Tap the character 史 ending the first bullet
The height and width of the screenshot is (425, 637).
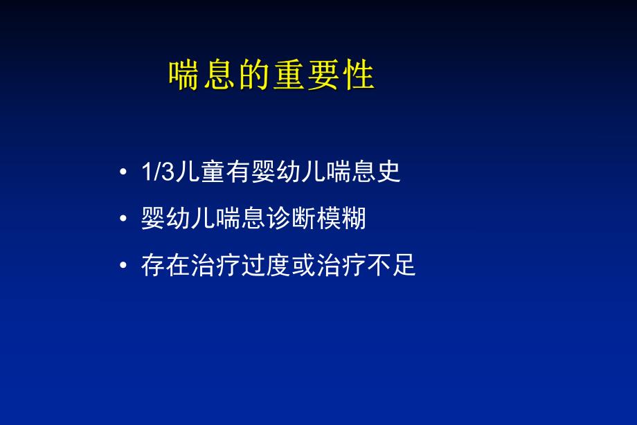coord(389,172)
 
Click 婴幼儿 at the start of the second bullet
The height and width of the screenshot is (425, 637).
coord(176,219)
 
